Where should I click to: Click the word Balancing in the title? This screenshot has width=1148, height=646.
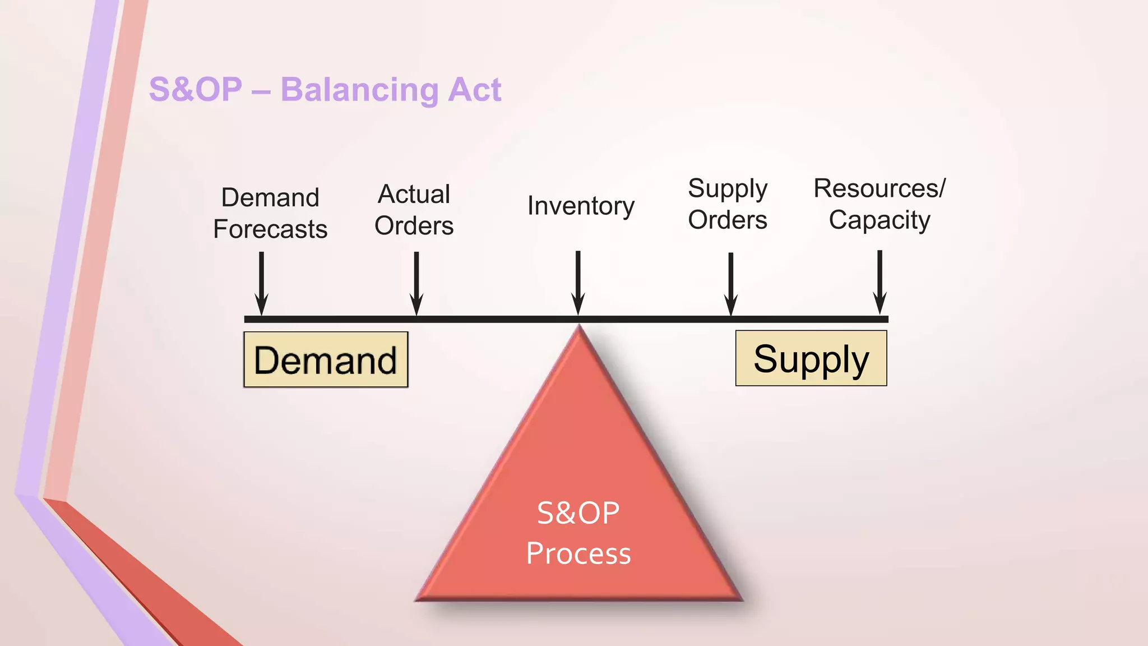[359, 90]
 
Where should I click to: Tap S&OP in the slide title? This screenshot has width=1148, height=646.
[195, 90]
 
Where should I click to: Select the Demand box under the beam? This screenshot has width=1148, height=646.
[326, 359]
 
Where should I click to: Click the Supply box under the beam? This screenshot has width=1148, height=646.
[811, 358]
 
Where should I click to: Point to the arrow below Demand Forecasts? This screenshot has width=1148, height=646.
[261, 283]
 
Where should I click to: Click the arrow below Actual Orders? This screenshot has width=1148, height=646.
[416, 283]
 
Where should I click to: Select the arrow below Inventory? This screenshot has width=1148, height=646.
[578, 283]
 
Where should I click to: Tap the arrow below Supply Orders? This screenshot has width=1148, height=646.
[730, 283]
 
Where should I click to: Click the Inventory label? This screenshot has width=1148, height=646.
[581, 206]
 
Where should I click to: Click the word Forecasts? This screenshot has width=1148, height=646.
[270, 229]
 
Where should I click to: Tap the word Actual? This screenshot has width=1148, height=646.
[414, 195]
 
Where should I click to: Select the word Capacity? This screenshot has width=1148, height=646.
[879, 220]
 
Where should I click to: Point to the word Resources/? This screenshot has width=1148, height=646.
[879, 188]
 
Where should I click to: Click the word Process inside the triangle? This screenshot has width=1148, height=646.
[578, 553]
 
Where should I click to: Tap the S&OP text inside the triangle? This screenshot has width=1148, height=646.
[578, 513]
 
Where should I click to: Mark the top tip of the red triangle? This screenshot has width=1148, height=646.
[579, 327]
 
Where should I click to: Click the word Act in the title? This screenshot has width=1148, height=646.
[474, 90]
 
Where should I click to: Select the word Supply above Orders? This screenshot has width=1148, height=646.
[728, 189]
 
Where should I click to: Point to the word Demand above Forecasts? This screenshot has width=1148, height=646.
[270, 197]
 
